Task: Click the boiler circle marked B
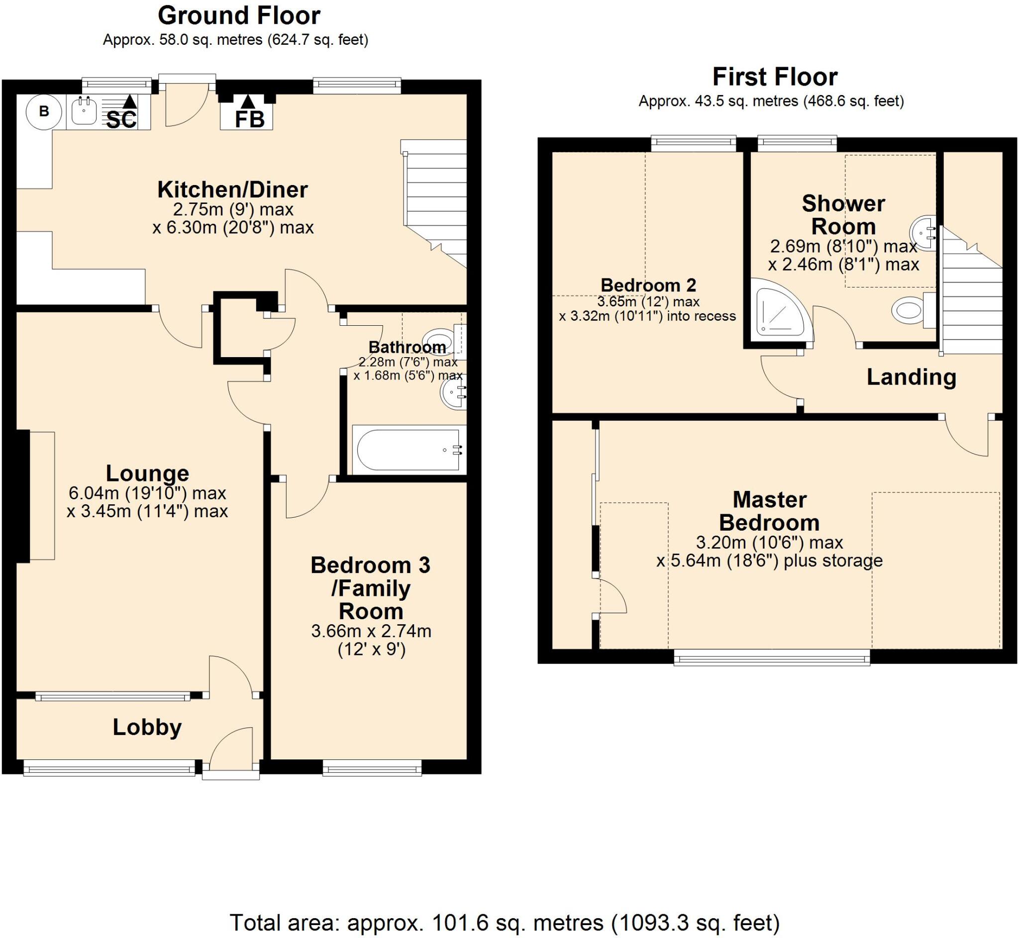pyautogui.click(x=44, y=111)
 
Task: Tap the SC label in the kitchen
pyautogui.click(x=121, y=120)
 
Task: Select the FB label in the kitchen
pyautogui.click(x=249, y=120)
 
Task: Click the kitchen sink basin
pyautogui.click(x=84, y=111)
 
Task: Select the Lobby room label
pyautogui.click(x=147, y=727)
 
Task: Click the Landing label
pyautogui.click(x=911, y=377)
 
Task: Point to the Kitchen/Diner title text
pyautogui.click(x=232, y=190)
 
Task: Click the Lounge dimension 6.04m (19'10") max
pyautogui.click(x=147, y=493)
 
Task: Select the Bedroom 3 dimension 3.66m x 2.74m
pyautogui.click(x=371, y=631)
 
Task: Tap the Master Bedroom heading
pyautogui.click(x=769, y=511)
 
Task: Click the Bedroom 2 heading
pyautogui.click(x=648, y=285)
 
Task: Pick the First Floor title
pyautogui.click(x=775, y=77)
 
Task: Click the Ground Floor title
pyautogui.click(x=239, y=16)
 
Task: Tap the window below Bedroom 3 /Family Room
pyautogui.click(x=372, y=768)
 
